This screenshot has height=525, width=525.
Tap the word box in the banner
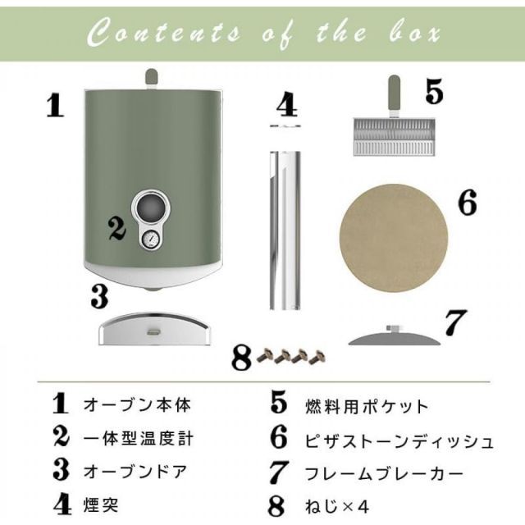pyautogui.click(x=409, y=34)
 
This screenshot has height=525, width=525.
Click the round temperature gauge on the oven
pyautogui.click(x=151, y=240)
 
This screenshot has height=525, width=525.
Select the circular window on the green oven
pyautogui.click(x=150, y=206)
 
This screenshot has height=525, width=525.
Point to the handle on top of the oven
pyautogui.click(x=151, y=78)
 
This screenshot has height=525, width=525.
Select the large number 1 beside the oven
pyautogui.click(x=54, y=106)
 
